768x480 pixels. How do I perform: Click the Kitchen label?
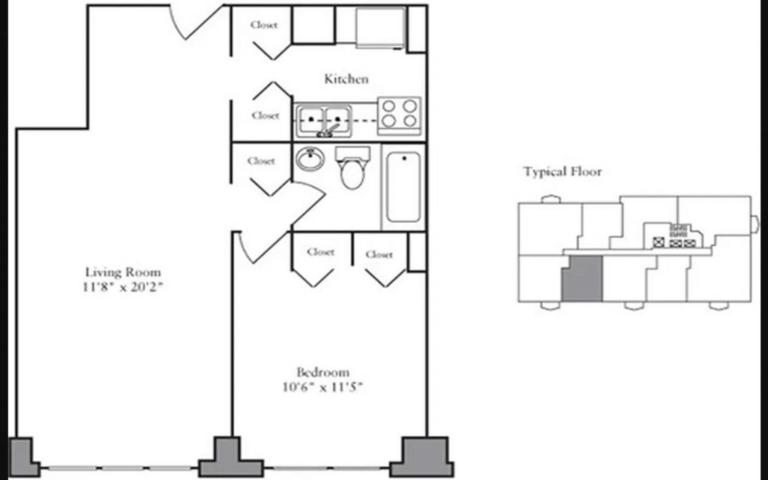pos(346,79)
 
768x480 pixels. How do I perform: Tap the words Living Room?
pos(123,272)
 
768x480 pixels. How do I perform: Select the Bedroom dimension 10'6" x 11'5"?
pos(322,387)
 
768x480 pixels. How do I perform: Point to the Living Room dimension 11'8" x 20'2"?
pos(122,287)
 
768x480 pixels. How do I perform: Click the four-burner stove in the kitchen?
pos(399,115)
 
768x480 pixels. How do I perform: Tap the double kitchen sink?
pos(324,121)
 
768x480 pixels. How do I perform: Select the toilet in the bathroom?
pos(352,167)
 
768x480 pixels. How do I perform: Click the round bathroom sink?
pos(310,160)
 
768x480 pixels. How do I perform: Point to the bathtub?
pos(403,187)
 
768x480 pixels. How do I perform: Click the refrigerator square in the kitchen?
pos(380,28)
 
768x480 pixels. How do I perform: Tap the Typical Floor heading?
pos(562,172)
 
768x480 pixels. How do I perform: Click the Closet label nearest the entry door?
pos(264,25)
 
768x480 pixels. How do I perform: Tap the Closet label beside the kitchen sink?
pos(265,115)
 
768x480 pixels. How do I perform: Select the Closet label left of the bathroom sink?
pos(261,160)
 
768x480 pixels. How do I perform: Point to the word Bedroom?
pos(322,372)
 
